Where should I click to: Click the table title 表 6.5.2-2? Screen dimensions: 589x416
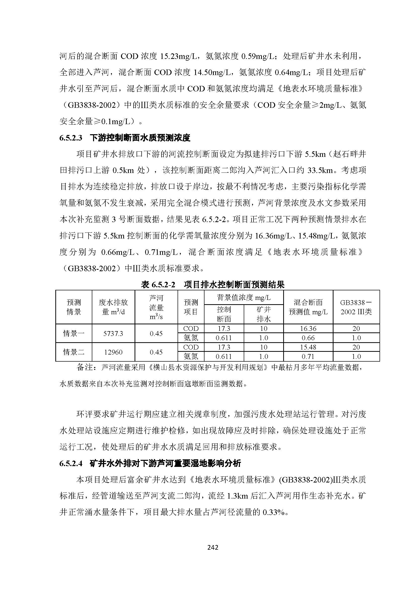pos(158,285)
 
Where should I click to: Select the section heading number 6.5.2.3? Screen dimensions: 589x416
pos(71,138)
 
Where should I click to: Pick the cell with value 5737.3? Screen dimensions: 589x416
pos(113,333)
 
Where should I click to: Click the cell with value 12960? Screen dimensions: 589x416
pos(113,352)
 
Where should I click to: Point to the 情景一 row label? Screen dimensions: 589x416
pos(74,333)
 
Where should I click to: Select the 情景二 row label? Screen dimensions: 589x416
pos(74,352)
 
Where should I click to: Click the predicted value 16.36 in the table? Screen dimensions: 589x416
pos(308,329)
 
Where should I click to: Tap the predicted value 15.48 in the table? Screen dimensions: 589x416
pos(308,347)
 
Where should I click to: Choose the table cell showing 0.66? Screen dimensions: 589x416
pos(308,338)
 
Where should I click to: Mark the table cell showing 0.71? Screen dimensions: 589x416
pos(308,357)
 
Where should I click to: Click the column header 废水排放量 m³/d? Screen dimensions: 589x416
pos(113,307)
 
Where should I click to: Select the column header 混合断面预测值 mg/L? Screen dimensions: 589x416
pos(308,307)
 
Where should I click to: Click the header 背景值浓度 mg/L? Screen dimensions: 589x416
pos(244,298)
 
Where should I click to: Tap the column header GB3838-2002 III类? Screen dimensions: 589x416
pos(356,307)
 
